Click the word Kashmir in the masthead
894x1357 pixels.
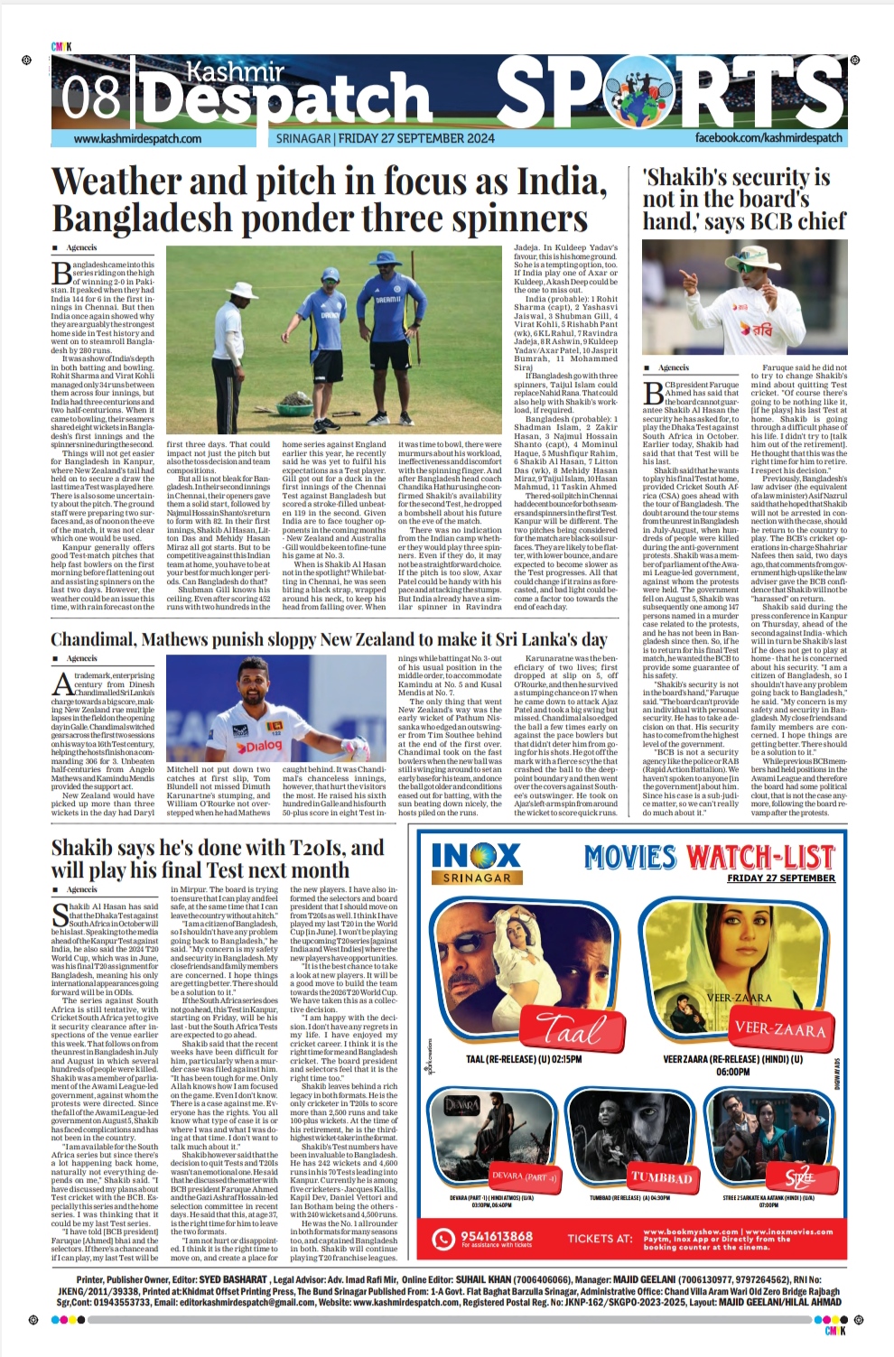tap(235, 71)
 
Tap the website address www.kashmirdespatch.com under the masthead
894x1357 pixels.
tap(137, 139)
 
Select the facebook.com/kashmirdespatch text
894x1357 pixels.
tap(768, 138)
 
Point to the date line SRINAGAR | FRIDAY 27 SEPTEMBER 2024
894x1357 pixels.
tap(385, 138)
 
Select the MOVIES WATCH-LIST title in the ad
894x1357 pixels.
tap(709, 857)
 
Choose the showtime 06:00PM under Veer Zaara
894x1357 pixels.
tap(732, 1072)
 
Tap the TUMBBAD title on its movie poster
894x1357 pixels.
tap(662, 1177)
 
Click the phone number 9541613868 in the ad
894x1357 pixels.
tap(496, 1236)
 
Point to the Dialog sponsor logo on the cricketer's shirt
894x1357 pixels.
tap(260, 746)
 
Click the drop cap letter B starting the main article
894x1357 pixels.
tap(61, 273)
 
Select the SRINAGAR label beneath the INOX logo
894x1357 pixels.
tap(476, 878)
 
